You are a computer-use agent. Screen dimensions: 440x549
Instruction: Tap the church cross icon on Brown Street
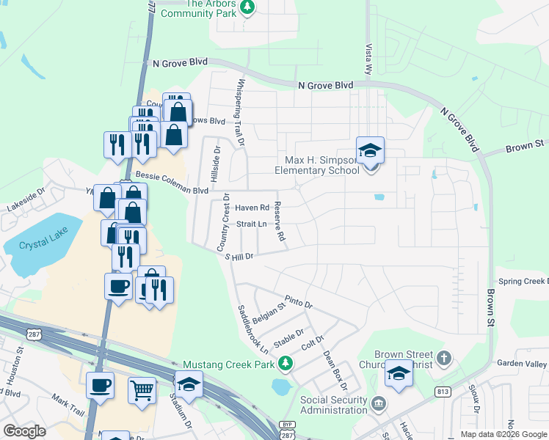tap(443, 359)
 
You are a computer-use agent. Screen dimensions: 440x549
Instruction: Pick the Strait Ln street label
tap(251, 224)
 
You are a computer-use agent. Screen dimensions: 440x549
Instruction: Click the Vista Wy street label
tap(368, 59)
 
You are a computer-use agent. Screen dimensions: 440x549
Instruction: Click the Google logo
tap(24, 430)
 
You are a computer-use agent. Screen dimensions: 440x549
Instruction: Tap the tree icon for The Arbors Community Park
tap(248, 7)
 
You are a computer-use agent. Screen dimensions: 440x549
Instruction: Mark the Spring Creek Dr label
tap(523, 282)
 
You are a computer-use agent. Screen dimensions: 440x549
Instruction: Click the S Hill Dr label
tap(235, 255)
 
